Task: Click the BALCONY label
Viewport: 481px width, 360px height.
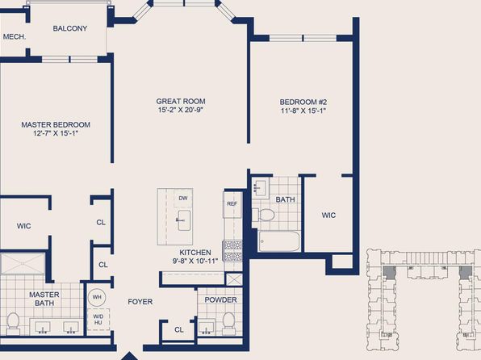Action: [x=70, y=28]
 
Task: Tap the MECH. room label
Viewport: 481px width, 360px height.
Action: [x=15, y=37]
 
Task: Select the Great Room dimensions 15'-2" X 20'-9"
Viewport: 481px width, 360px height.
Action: [x=181, y=110]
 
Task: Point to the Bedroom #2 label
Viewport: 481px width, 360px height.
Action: [x=303, y=102]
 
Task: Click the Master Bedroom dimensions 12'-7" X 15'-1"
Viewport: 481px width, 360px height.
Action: [x=56, y=133]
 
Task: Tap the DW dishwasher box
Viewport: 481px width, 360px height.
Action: [x=183, y=199]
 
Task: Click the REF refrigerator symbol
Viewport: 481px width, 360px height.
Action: [x=232, y=204]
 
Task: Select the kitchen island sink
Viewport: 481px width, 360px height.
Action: [x=184, y=220]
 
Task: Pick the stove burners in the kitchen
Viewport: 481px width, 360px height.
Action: [x=232, y=250]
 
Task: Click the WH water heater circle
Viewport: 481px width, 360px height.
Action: [x=97, y=297]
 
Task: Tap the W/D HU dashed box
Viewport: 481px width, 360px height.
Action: [x=98, y=320]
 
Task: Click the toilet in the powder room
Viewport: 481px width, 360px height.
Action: [x=228, y=323]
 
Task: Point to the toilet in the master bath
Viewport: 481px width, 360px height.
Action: [x=13, y=324]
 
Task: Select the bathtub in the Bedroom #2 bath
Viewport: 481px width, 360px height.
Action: [x=279, y=241]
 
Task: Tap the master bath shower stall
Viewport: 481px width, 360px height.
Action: [x=23, y=263]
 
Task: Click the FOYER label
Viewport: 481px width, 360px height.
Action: [x=140, y=302]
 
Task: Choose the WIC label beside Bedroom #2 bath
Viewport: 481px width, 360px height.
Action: [x=328, y=216]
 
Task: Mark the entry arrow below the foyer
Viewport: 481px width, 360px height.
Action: [x=129, y=356]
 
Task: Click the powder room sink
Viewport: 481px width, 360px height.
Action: [x=206, y=327]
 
